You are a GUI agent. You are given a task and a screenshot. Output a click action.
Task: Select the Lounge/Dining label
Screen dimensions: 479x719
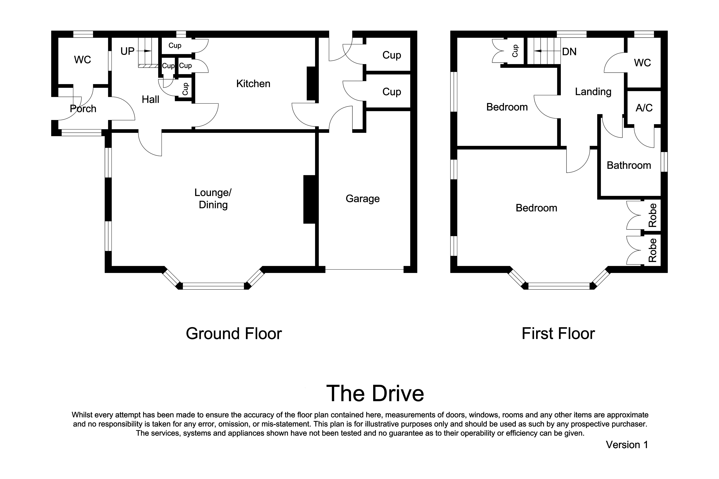click(213, 199)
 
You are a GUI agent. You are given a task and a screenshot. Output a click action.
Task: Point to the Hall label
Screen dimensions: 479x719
click(150, 100)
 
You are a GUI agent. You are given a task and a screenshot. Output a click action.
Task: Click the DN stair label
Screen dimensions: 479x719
click(569, 52)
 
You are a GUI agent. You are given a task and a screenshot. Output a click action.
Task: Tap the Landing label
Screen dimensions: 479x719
click(593, 92)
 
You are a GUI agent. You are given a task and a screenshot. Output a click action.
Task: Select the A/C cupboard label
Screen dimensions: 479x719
click(644, 108)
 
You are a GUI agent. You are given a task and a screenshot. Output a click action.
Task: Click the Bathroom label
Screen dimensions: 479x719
click(629, 165)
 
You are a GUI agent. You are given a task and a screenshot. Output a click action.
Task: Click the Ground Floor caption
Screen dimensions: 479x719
click(234, 334)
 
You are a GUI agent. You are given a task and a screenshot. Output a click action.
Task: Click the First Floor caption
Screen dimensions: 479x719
click(558, 334)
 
